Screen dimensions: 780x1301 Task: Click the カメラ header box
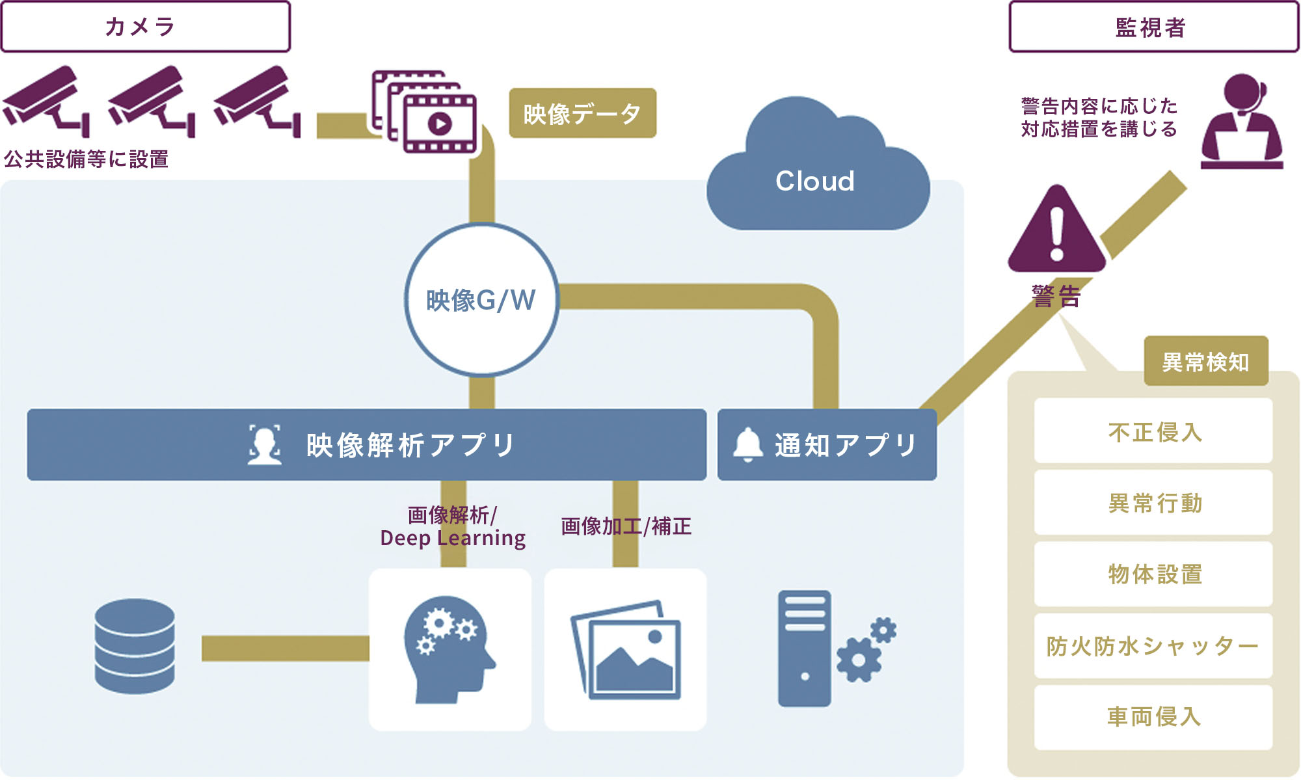(145, 27)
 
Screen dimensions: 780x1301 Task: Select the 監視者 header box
(1153, 27)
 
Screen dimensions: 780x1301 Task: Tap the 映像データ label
(582, 113)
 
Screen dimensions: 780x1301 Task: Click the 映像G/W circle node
(481, 300)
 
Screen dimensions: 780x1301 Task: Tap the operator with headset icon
(1241, 122)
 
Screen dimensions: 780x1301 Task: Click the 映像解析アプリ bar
(366, 445)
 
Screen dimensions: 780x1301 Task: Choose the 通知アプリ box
(827, 445)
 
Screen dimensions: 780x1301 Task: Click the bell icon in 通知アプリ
(748, 445)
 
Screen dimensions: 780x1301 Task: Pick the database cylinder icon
(135, 646)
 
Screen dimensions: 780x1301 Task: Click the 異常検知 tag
(1205, 362)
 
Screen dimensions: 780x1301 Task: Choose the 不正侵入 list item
(1153, 431)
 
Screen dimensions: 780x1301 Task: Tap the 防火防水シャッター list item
(1153, 646)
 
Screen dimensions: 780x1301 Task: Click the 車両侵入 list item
(1153, 717)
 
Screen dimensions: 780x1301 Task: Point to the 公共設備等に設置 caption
(87, 159)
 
